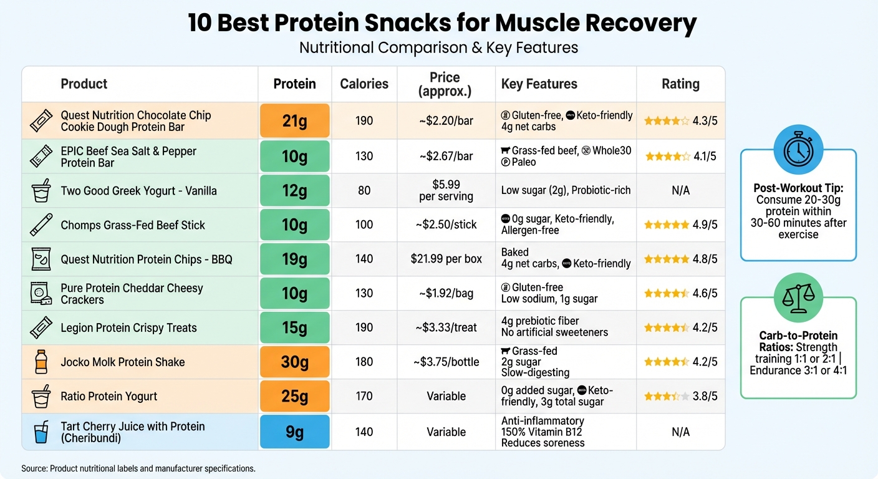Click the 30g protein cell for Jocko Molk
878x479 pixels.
point(294,362)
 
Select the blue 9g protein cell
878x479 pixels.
point(294,431)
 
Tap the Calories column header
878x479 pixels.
point(364,84)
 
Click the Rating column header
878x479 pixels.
point(680,84)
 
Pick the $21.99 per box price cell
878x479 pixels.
point(446,259)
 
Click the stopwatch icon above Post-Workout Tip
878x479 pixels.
point(798,150)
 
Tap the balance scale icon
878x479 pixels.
point(798,298)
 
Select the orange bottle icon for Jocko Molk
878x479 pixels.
point(41,362)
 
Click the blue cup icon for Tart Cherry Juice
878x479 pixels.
point(41,432)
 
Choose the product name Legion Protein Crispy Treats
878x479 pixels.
point(128,328)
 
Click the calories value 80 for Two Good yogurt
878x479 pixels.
point(364,190)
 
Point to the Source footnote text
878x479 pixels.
point(138,468)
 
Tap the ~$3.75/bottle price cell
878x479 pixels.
point(446,362)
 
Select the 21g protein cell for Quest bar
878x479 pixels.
point(294,121)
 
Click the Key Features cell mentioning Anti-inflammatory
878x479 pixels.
point(543,432)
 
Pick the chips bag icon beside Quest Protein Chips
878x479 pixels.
point(41,259)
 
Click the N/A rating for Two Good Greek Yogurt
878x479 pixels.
point(680,190)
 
